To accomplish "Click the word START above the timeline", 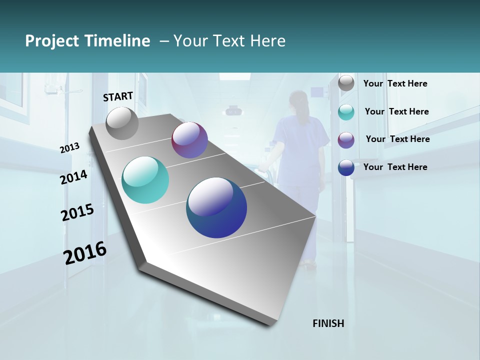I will click(x=118, y=96).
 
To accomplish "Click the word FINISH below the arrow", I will click(x=328, y=323).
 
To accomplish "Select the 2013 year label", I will click(x=69, y=148).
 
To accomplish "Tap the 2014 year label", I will click(x=73, y=177).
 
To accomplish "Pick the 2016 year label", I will click(x=85, y=252).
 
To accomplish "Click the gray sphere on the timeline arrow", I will click(x=122, y=123).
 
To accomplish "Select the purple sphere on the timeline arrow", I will click(x=189, y=140).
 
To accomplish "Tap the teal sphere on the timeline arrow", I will click(x=145, y=180).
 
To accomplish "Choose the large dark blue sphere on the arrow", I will click(x=216, y=207).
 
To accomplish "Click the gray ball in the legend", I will click(x=346, y=83).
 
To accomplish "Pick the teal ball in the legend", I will click(x=346, y=112).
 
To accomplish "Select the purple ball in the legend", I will click(x=346, y=140).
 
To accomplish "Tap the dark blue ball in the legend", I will click(x=346, y=168).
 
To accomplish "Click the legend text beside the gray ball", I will click(x=395, y=83).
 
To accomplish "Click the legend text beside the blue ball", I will click(x=395, y=167).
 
